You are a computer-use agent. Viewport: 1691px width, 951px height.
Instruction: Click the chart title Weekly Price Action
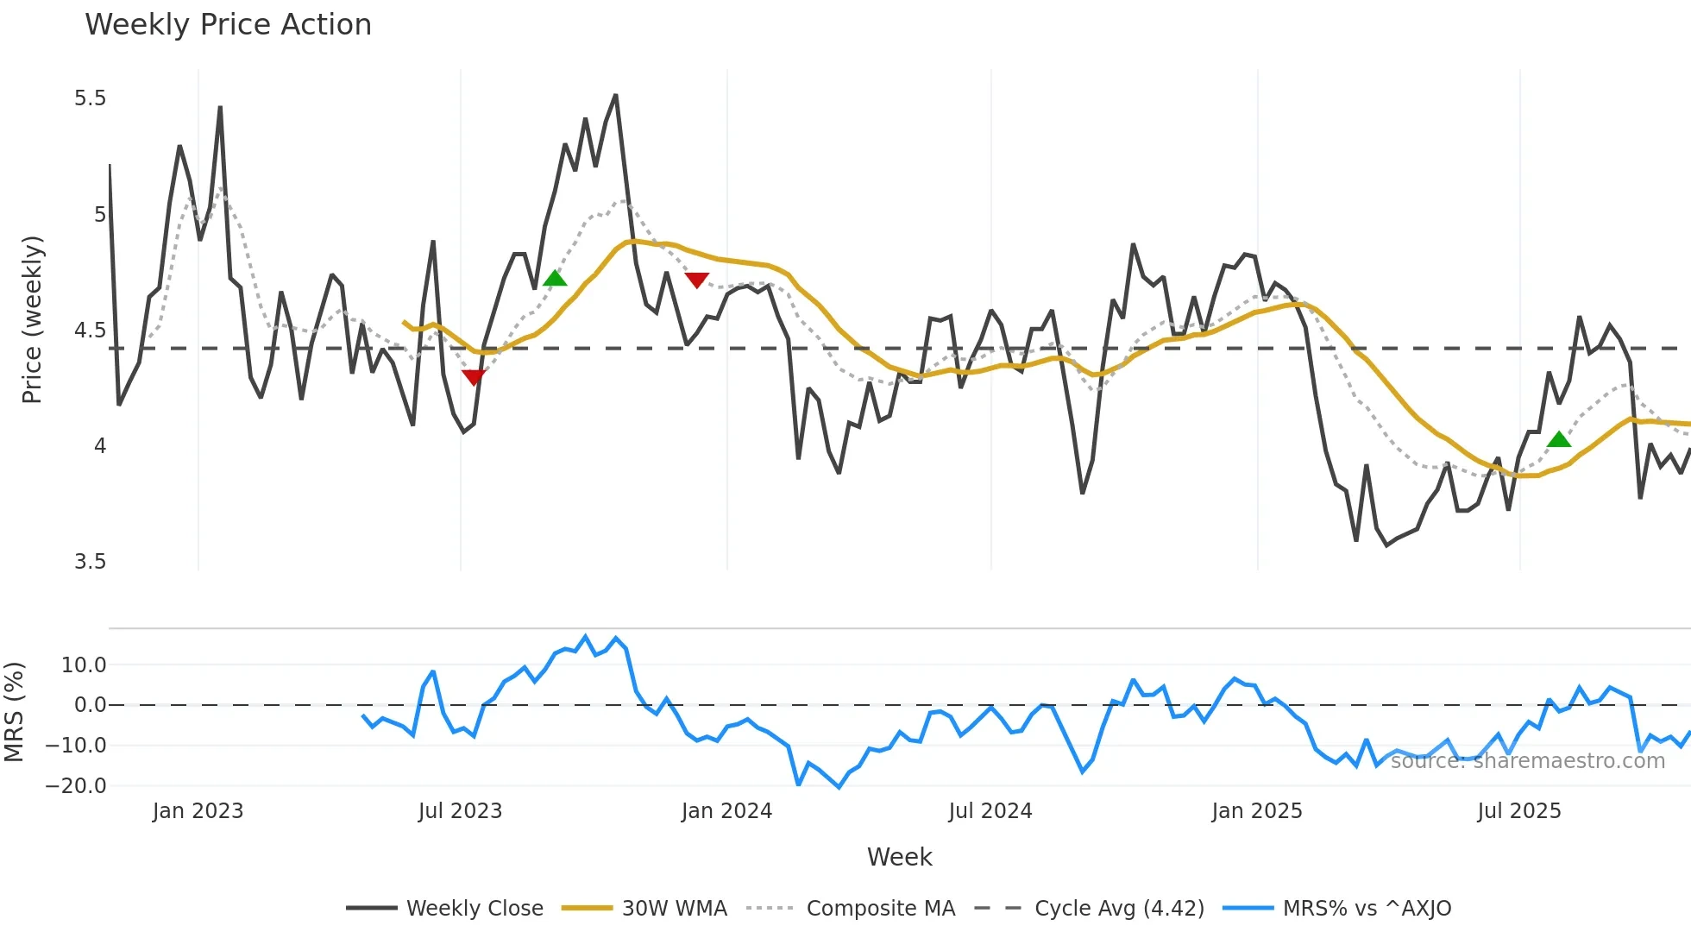click(228, 25)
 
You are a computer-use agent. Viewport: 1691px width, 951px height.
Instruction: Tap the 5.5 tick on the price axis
click(90, 98)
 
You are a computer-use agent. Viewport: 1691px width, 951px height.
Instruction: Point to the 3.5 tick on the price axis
click(90, 562)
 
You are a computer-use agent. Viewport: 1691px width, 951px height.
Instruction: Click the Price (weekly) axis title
click(32, 319)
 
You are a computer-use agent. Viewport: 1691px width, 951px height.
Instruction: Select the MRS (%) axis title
click(14, 712)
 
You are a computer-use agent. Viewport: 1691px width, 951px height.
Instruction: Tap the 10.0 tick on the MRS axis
click(84, 665)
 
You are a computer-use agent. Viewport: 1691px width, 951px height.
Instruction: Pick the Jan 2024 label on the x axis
click(726, 811)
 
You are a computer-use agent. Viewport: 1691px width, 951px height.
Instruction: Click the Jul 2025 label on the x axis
click(1518, 811)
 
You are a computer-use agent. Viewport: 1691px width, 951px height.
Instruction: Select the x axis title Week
click(899, 857)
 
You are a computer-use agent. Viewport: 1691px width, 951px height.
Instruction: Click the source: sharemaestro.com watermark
click(1527, 761)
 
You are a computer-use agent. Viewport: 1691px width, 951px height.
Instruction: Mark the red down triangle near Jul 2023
click(474, 377)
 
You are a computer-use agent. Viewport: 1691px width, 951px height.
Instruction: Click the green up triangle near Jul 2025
click(1558, 439)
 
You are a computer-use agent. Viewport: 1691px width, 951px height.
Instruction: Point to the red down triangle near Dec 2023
click(696, 280)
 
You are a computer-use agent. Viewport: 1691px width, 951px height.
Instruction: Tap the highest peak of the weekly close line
click(615, 95)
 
